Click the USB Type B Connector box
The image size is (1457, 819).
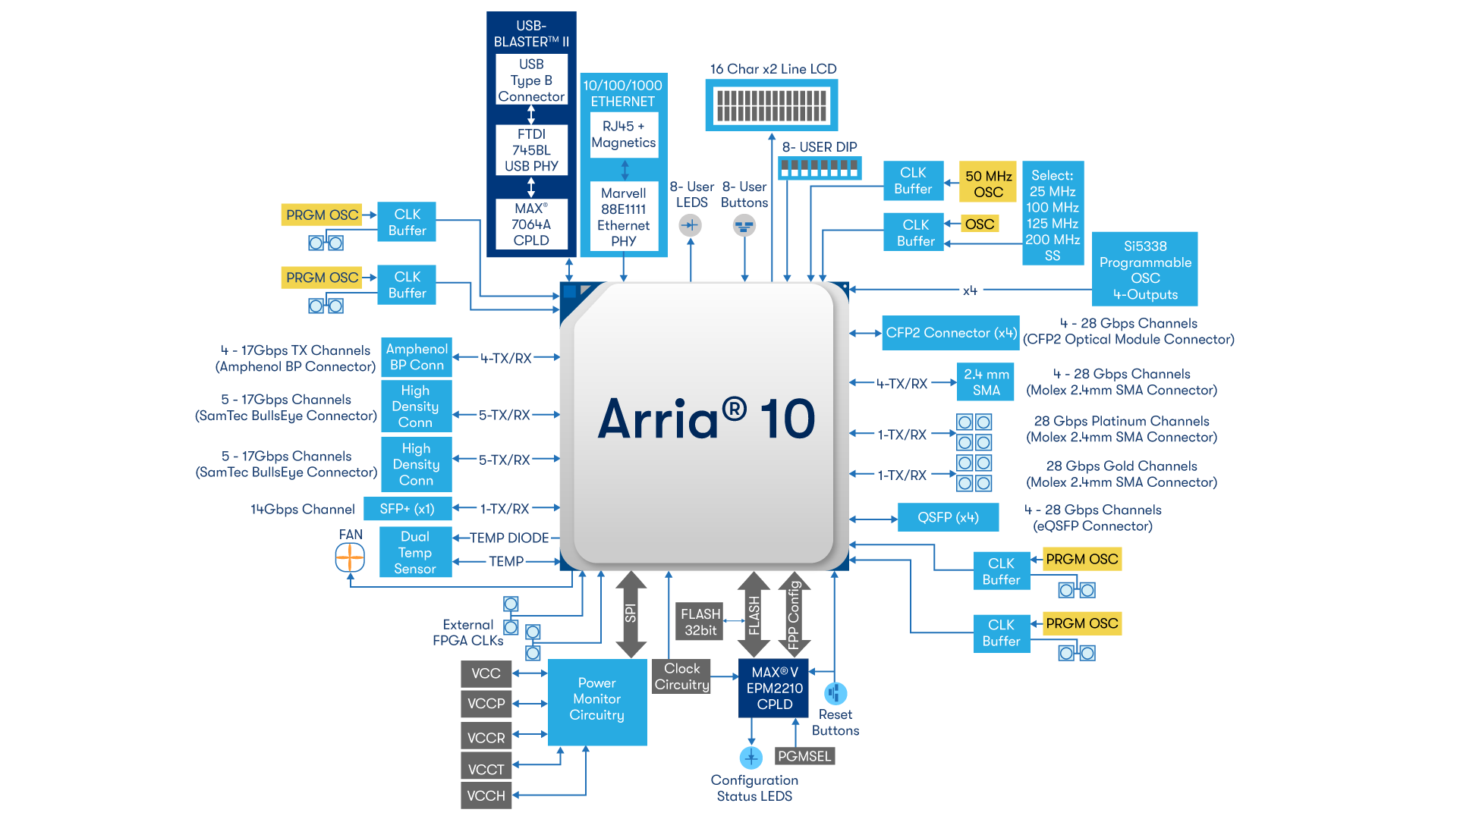pos(531,80)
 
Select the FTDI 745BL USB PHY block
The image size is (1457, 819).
pos(531,150)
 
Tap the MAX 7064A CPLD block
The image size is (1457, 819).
pos(531,224)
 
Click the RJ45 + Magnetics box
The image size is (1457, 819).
pos(624,134)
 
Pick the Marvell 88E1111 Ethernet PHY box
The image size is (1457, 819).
pos(624,217)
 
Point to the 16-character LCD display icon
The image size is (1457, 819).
pos(772,105)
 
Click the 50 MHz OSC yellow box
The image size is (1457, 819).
pos(988,184)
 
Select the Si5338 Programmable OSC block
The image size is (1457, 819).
pos(1144,270)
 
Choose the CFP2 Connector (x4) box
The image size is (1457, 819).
pos(951,333)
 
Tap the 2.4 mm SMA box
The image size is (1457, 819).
pos(986,382)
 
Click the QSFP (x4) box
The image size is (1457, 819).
pos(948,517)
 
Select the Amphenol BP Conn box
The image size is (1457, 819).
pos(417,357)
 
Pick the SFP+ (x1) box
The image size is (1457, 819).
pos(407,509)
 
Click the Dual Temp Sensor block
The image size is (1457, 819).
pos(415,552)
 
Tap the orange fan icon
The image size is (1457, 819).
pos(350,559)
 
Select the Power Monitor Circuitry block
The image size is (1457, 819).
pos(597,699)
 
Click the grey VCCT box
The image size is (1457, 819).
pos(486,769)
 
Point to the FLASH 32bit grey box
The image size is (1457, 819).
pos(700,622)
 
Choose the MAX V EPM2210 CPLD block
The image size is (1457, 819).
pos(773,688)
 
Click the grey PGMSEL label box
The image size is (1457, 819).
pos(804,756)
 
